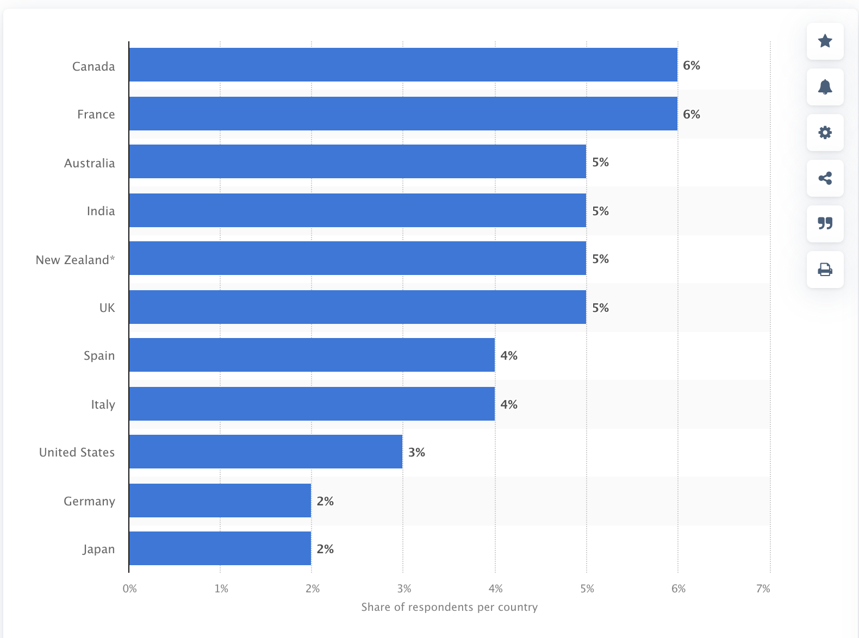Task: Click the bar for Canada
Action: (403, 65)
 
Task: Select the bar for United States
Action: (266, 452)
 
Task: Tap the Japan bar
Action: (220, 548)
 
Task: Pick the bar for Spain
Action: (312, 355)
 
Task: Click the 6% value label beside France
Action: (692, 114)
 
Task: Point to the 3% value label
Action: (416, 452)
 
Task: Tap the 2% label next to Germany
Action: (325, 501)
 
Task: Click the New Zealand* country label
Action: (75, 260)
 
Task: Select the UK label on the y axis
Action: (107, 308)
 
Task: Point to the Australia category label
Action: (90, 163)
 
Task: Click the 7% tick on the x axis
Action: (763, 589)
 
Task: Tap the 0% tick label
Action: (130, 589)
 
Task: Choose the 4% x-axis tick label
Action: (495, 589)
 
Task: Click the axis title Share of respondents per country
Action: (449, 607)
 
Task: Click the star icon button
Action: (825, 41)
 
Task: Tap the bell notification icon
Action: (825, 87)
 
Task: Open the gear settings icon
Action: (825, 133)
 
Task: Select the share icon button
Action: (825, 178)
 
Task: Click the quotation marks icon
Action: (825, 224)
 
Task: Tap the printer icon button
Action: (825, 270)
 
